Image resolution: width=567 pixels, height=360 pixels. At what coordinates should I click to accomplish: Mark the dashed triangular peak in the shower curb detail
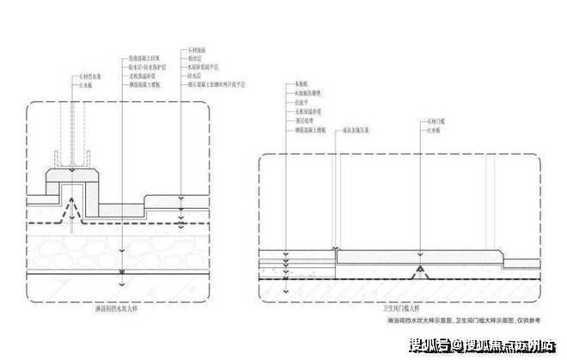[74, 210]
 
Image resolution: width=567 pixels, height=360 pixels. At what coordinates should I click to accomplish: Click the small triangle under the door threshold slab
[419, 273]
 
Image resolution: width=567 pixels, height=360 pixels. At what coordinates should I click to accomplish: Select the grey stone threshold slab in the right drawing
[417, 257]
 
